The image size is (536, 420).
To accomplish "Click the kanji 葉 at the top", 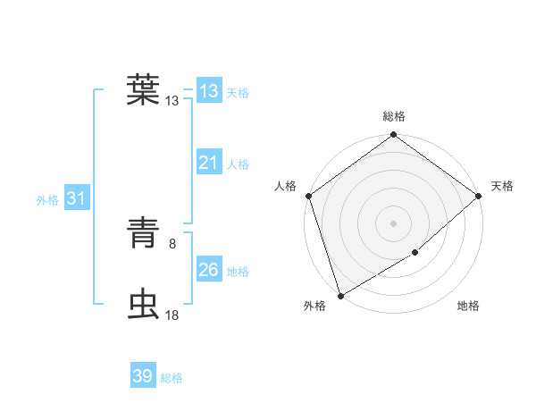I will point(143,88).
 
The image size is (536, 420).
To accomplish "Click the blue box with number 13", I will point(208,91).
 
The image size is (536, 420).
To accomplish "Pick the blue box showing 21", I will point(208,163).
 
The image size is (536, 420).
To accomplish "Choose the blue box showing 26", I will point(208,269).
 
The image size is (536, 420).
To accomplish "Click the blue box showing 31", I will point(76,198).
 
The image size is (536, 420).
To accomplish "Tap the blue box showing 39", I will point(142,376).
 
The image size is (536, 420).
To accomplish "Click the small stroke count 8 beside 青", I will point(172,241).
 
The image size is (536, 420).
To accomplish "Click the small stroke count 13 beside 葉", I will point(172,100).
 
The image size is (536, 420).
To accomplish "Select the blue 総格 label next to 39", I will point(172,378).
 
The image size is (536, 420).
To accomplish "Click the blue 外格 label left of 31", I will point(47,200).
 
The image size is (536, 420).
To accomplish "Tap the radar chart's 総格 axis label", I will point(394,116).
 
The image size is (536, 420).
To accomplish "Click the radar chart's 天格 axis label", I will point(502,186).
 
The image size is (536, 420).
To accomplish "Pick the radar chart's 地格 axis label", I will point(468,307).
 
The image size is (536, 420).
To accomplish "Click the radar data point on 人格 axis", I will point(308,196).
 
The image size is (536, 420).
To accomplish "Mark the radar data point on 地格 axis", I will point(415,253).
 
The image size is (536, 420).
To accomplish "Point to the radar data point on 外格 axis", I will point(340,296).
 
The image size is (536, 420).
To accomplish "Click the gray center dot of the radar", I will point(393,223).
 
